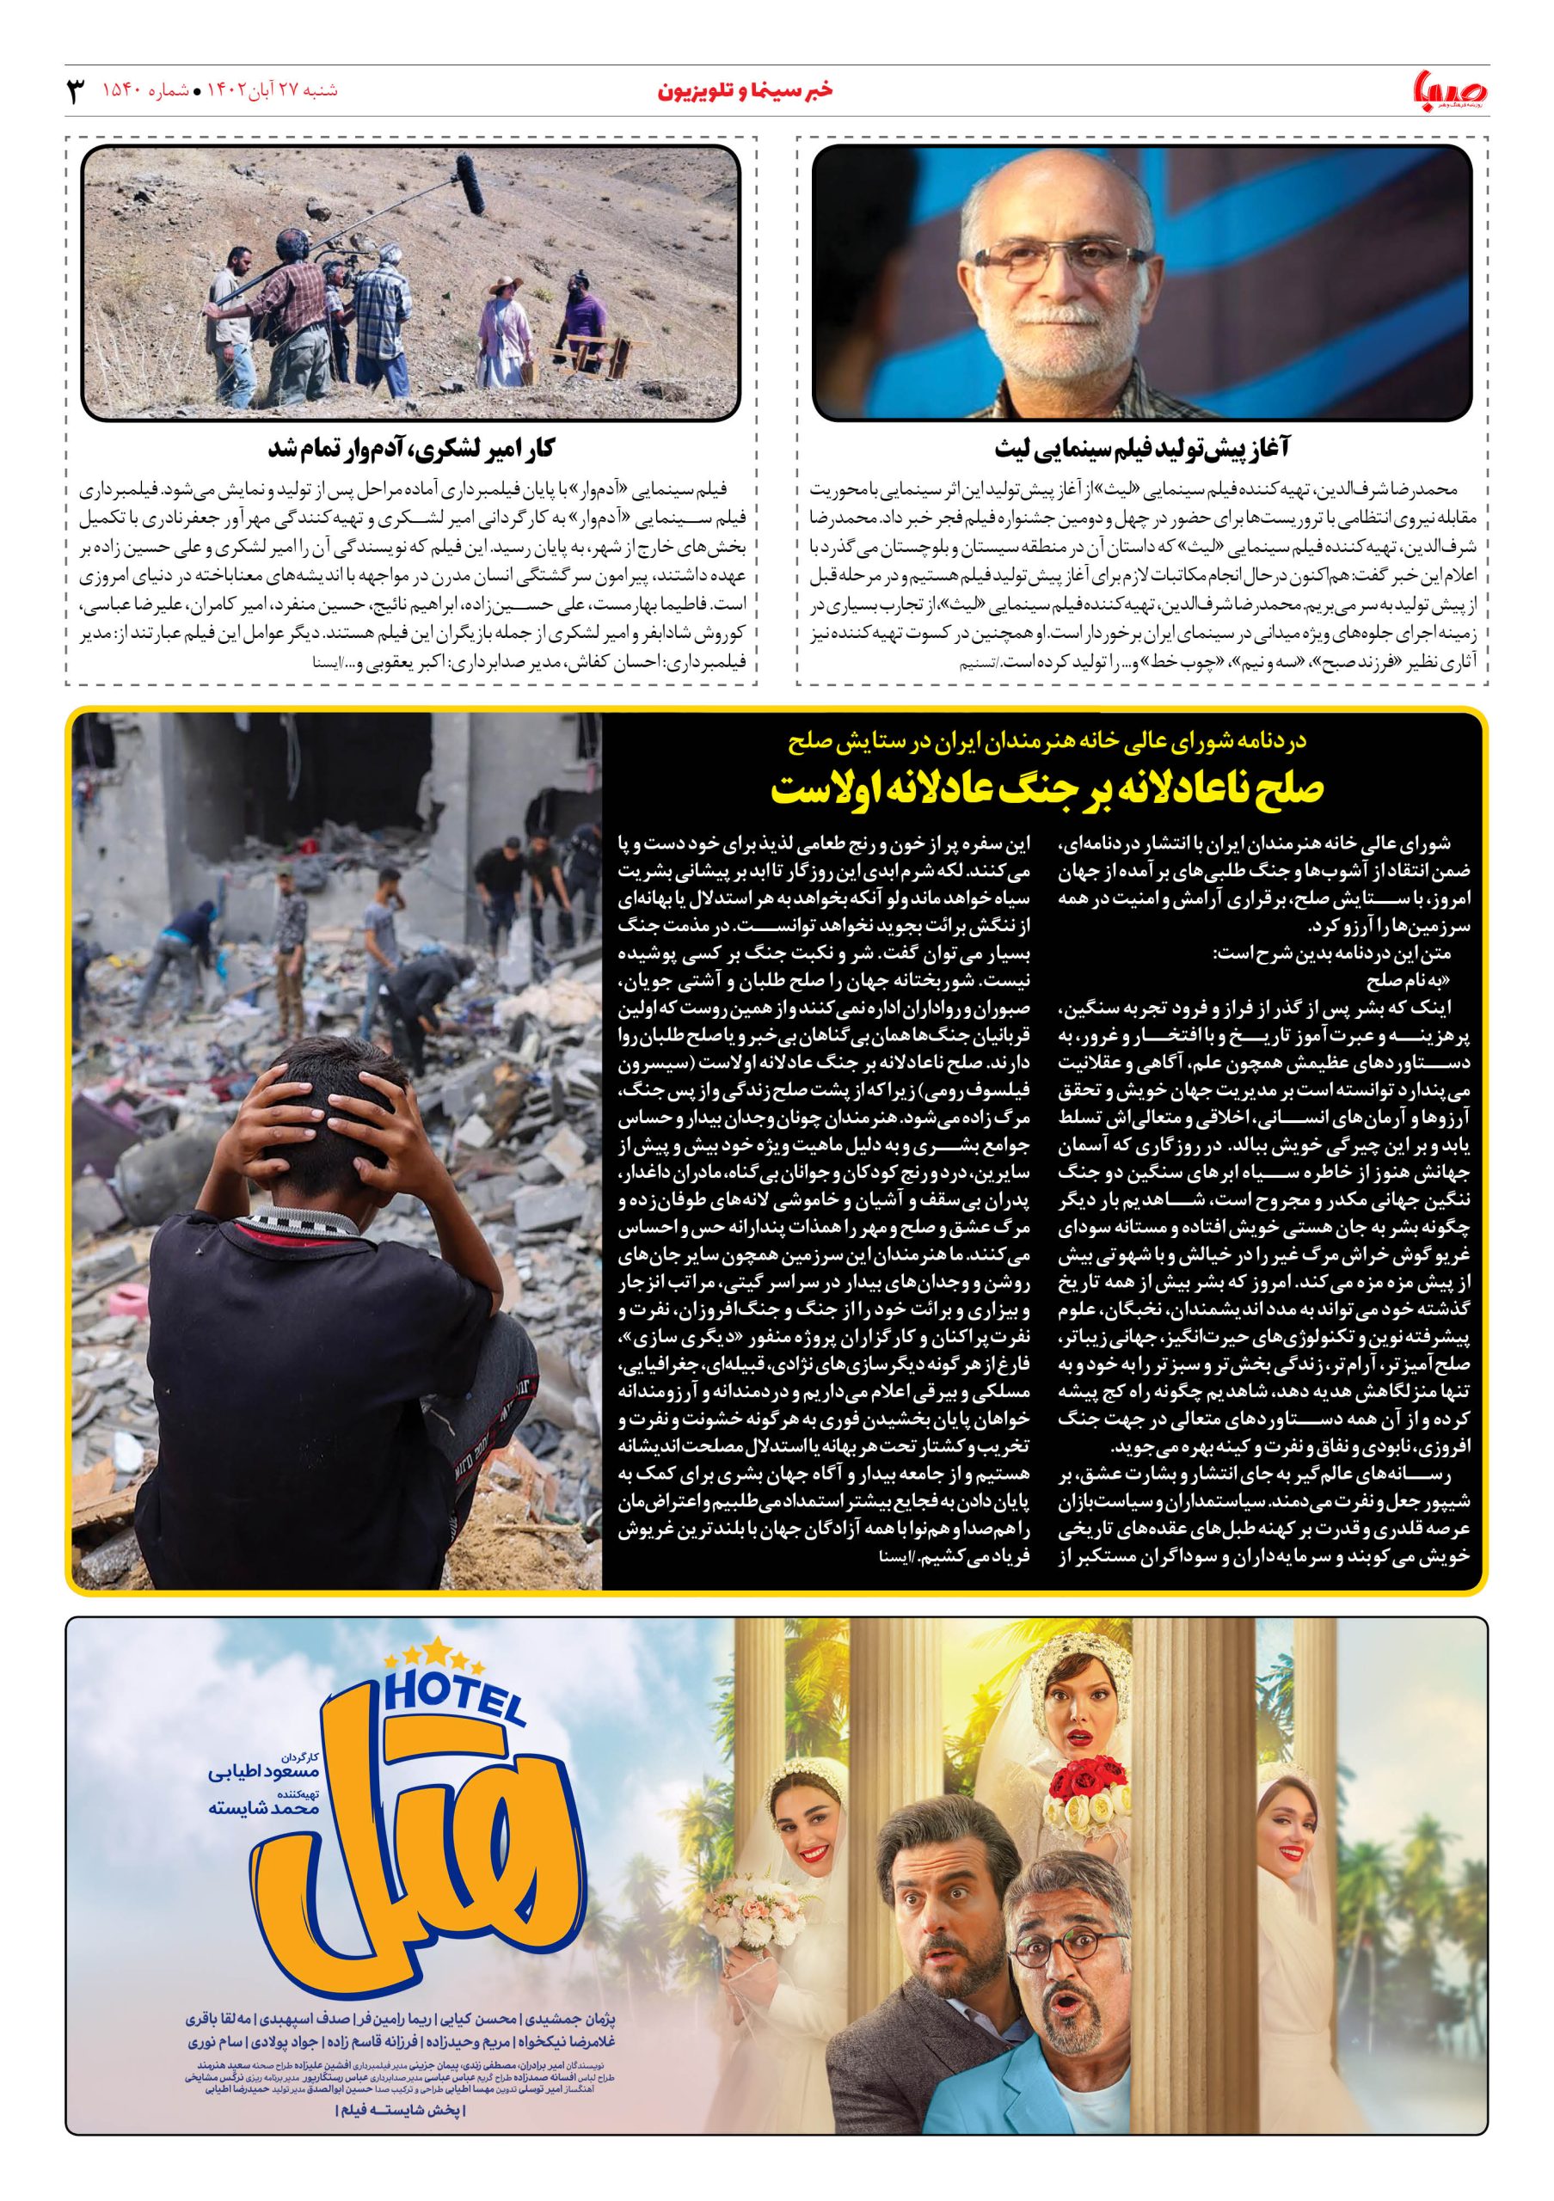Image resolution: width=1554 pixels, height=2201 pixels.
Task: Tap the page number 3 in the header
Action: pos(75,92)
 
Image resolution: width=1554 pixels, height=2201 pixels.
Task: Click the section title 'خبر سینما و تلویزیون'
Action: pos(746,91)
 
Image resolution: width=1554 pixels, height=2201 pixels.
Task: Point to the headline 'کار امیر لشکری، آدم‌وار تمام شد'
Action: pos(412,448)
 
